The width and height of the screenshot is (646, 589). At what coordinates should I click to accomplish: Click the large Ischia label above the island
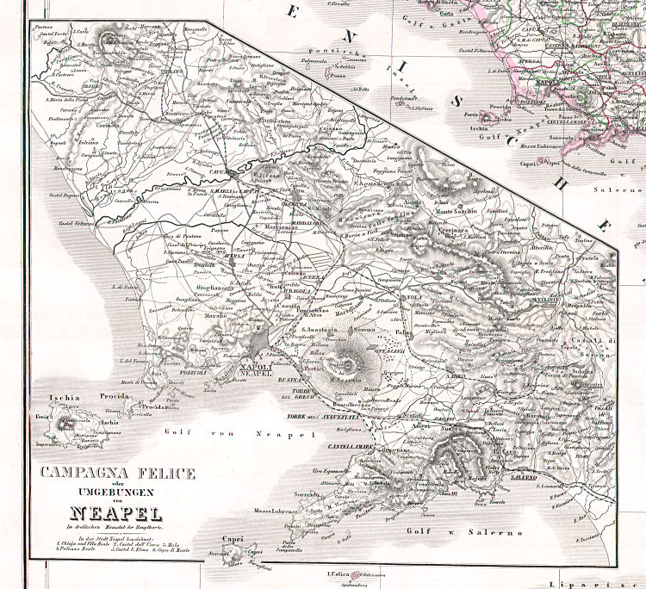[65, 398]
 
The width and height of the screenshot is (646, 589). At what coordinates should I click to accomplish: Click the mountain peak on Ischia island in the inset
[64, 422]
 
